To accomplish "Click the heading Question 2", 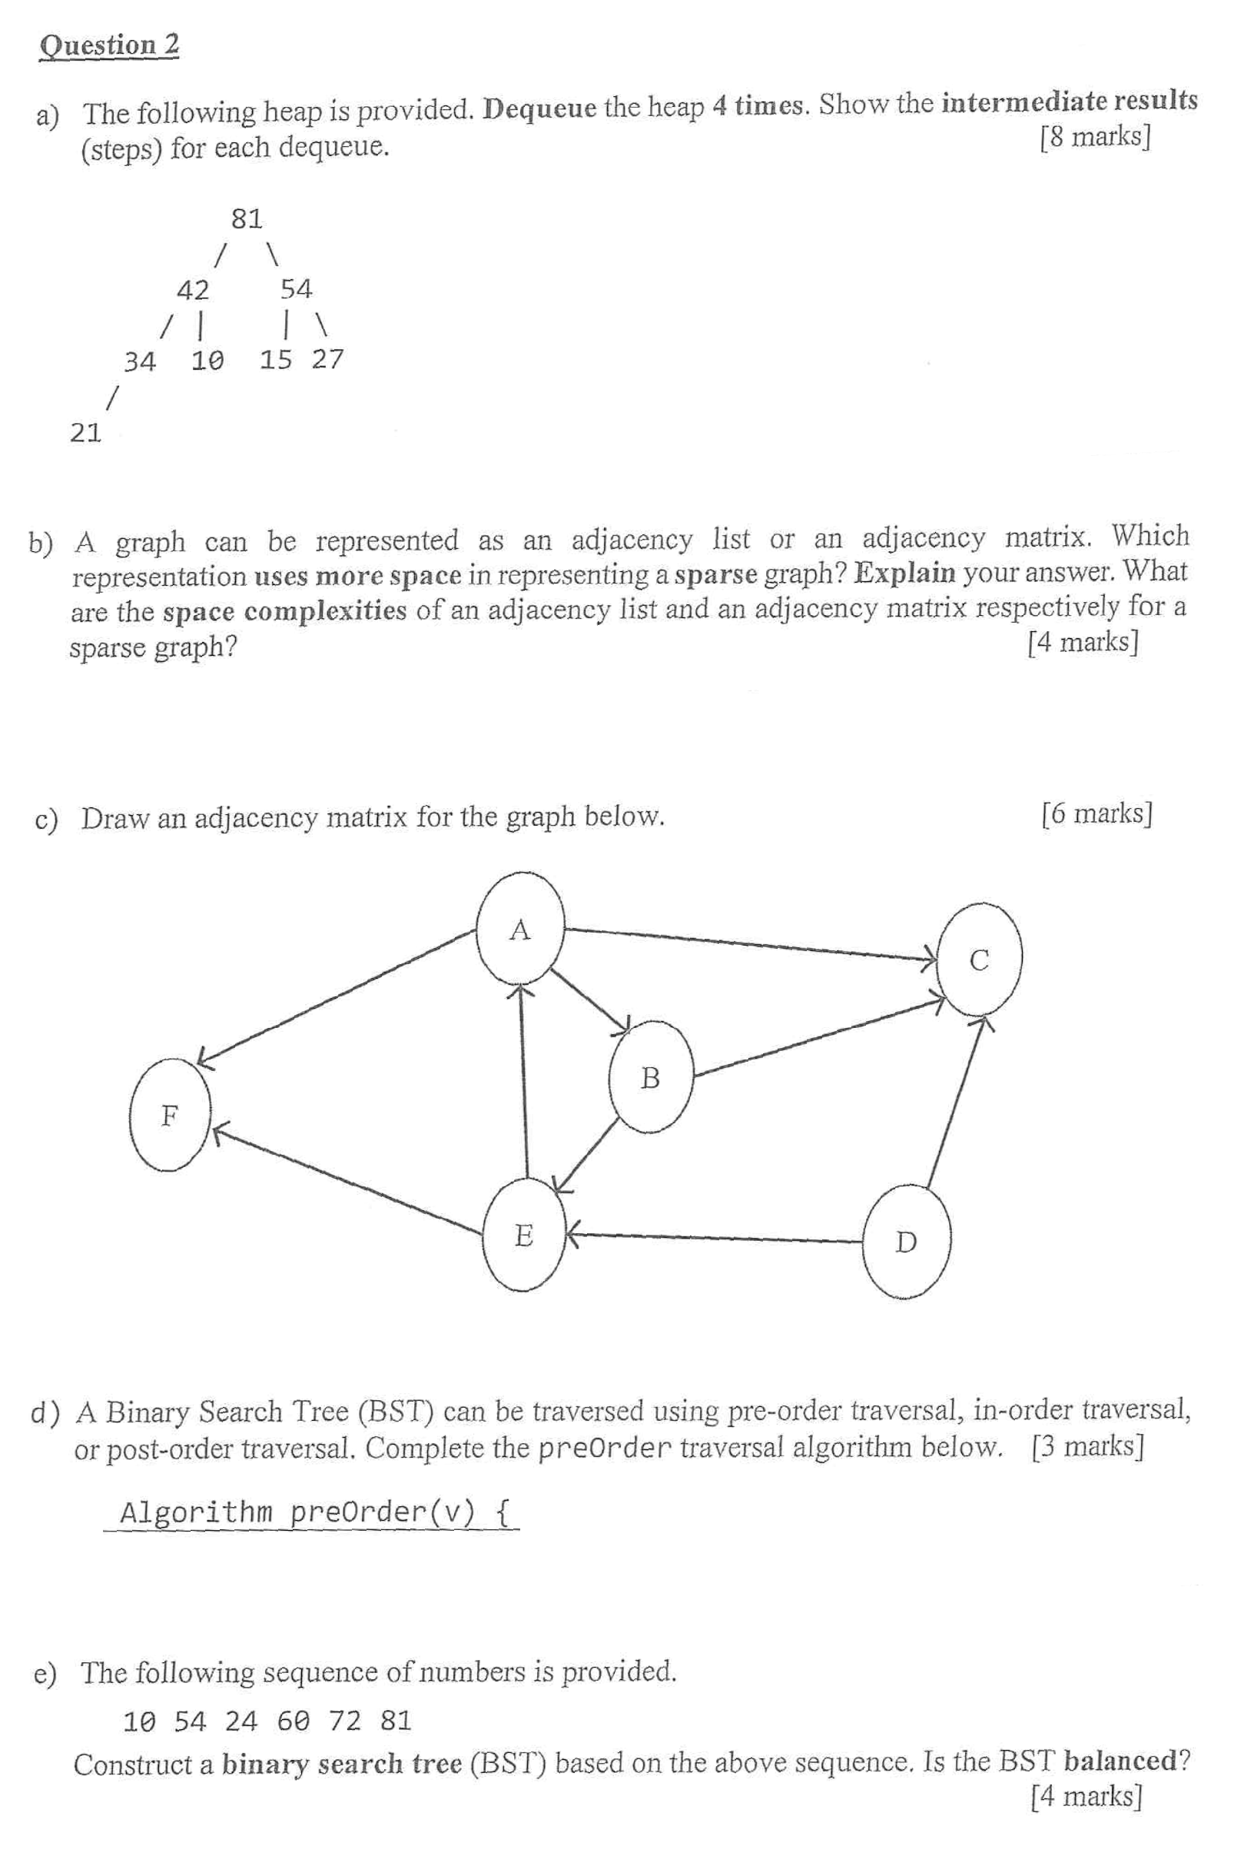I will pyautogui.click(x=109, y=45).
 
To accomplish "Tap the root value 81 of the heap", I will pyautogui.click(x=247, y=218).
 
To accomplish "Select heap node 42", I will pyautogui.click(x=193, y=290).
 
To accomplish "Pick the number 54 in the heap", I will pyautogui.click(x=296, y=289).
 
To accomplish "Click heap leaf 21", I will pyautogui.click(x=85, y=433).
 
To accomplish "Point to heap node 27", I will pyautogui.click(x=328, y=359).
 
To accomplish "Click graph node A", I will pyautogui.click(x=521, y=927).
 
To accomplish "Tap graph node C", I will pyautogui.click(x=980, y=960).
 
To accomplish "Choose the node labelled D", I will pyautogui.click(x=906, y=1242).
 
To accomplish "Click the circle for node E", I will pyautogui.click(x=524, y=1236).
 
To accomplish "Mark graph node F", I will pyautogui.click(x=170, y=1114).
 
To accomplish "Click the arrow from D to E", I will pyautogui.click(x=716, y=1238).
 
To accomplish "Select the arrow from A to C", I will pyautogui.click(x=751, y=943).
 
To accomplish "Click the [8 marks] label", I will pyautogui.click(x=1095, y=138).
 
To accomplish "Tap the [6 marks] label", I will pyautogui.click(x=1096, y=813).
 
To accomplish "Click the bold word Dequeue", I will pyautogui.click(x=541, y=107).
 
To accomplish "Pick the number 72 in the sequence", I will pyautogui.click(x=345, y=1720).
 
